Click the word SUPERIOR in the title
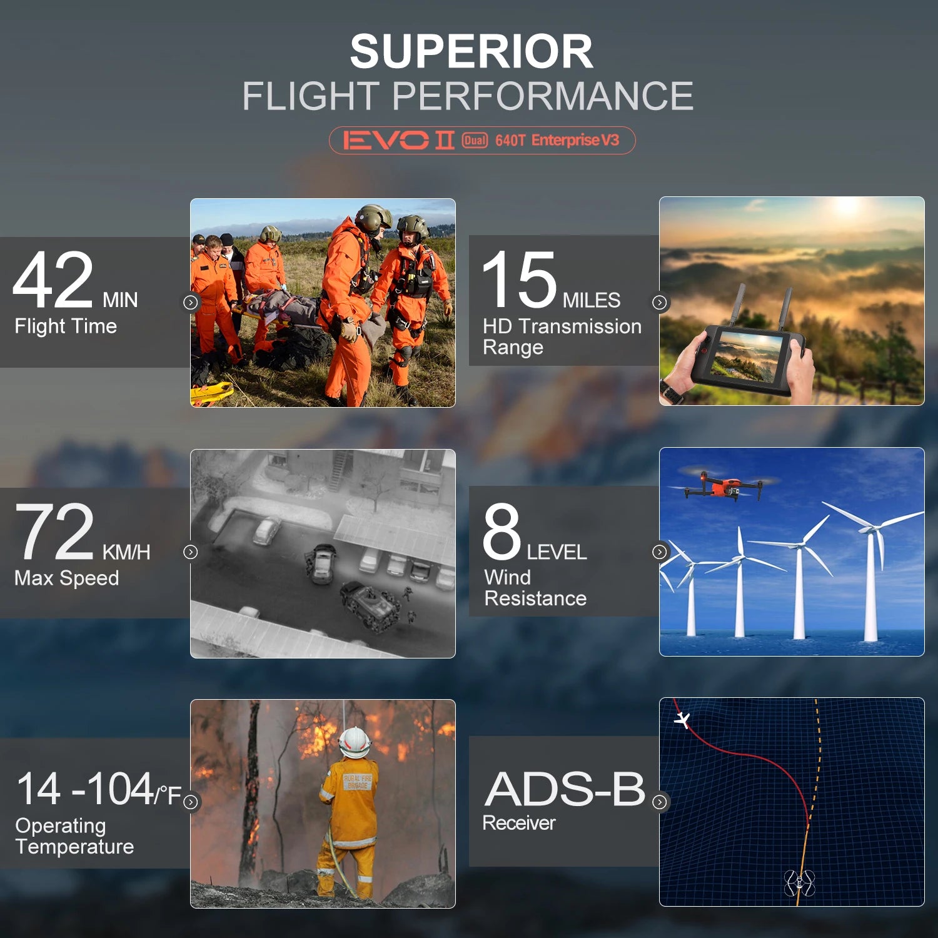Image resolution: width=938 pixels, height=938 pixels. point(472,51)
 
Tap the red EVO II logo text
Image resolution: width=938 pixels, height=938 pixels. point(398,140)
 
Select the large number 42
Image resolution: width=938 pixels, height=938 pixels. point(53,280)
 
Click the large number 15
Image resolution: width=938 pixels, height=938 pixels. point(519,280)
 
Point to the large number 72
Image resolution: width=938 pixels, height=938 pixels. point(55,532)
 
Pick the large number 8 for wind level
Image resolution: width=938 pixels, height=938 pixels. point(502,532)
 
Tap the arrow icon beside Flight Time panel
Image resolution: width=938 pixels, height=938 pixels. point(191,303)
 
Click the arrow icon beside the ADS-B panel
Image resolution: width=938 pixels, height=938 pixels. point(660,802)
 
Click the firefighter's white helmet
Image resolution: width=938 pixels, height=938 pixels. point(355,742)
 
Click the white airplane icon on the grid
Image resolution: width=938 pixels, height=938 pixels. point(683,720)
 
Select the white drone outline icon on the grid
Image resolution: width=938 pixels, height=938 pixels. point(799,882)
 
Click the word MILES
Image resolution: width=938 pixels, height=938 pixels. point(592,300)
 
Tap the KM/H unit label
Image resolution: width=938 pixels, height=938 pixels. point(126,552)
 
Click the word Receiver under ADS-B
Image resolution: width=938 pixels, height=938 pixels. point(519,823)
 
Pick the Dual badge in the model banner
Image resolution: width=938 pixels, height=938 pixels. point(475,140)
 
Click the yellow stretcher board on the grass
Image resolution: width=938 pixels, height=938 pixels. point(211,394)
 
